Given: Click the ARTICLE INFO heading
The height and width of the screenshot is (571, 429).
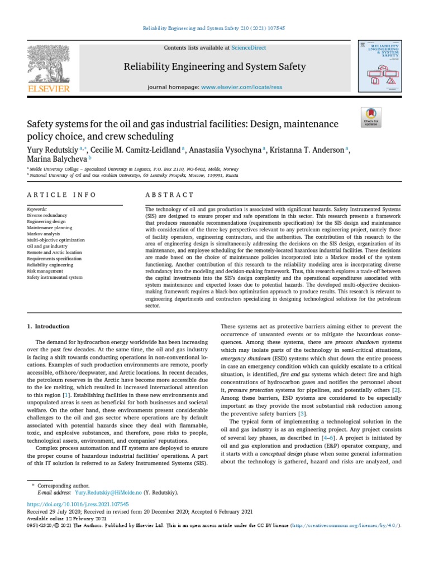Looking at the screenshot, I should [x=61, y=195].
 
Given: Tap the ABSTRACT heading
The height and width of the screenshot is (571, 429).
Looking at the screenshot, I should [x=169, y=195].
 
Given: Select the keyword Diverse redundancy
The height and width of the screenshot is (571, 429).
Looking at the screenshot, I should [x=47, y=215].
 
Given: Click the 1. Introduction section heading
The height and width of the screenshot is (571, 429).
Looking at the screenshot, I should [x=49, y=326].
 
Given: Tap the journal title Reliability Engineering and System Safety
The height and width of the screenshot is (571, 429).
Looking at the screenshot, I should [x=214, y=67].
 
